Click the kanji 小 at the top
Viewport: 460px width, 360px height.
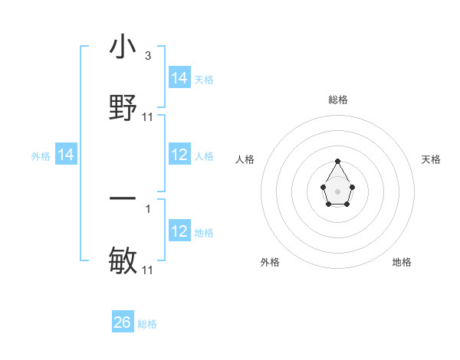[x=123, y=48]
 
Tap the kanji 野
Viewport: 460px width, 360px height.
[x=123, y=108]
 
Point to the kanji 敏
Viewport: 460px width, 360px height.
[x=123, y=261]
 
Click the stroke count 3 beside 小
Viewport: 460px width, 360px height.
[x=148, y=56]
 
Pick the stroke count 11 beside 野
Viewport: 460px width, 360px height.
[x=148, y=116]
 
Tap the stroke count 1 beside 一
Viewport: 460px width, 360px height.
[x=148, y=207]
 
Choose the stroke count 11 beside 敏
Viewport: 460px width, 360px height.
[x=148, y=270]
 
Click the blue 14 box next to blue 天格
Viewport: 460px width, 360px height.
[x=179, y=78]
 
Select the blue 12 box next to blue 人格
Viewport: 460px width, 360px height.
[x=179, y=155]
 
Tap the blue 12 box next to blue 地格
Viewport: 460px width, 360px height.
[x=179, y=231]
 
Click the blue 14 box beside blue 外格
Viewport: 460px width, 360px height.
[x=67, y=155]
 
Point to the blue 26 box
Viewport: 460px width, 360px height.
[x=123, y=322]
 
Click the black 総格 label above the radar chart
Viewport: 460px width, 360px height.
[x=338, y=100]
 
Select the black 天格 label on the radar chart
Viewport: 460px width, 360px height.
[x=431, y=159]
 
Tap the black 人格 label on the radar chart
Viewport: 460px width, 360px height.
[x=245, y=159]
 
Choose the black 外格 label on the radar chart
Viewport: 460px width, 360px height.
[x=270, y=262]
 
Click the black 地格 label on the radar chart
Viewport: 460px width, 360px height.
[x=402, y=262]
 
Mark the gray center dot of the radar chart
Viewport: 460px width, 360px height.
[x=337, y=191]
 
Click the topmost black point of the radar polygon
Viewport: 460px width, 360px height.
[x=337, y=161]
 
